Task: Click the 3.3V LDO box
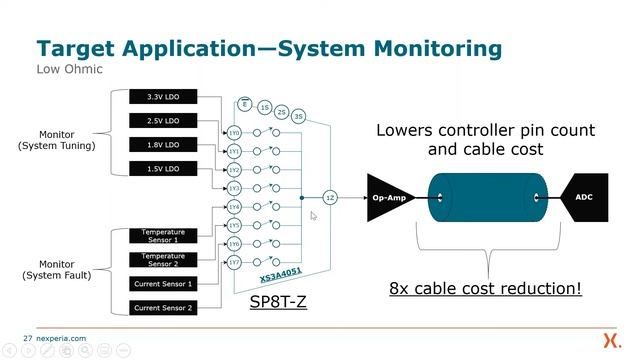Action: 163,97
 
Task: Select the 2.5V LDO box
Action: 163,121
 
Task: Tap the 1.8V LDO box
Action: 163,145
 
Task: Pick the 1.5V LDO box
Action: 163,169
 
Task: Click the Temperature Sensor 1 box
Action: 163,236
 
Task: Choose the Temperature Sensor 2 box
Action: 163,260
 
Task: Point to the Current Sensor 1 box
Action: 163,284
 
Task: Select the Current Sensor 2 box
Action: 163,308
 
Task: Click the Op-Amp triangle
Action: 388,198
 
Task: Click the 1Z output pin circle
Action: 331,198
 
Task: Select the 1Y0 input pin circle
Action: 234,132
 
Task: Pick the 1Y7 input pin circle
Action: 234,263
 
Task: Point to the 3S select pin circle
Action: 298,116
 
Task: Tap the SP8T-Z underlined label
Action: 277,299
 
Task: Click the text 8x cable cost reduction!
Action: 486,289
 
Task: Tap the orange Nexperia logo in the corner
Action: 610,338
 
